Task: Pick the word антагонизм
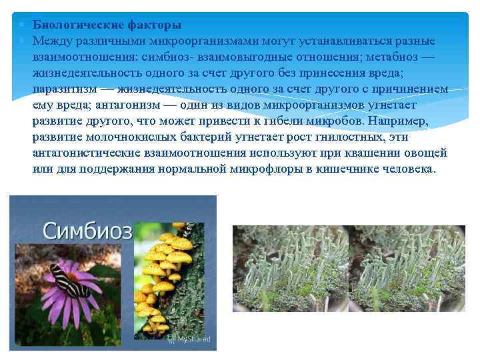pyautogui.click(x=133, y=105)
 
